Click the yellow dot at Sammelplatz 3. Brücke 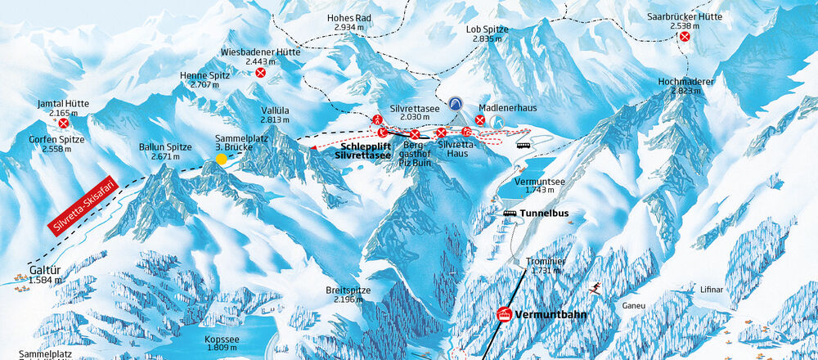pos(221,159)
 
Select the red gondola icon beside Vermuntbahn pos(506,314)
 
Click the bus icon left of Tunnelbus pos(510,214)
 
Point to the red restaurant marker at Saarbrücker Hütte pos(685,36)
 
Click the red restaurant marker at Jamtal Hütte pos(63,123)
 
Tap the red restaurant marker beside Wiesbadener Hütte pos(260,73)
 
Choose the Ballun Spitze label pos(165,151)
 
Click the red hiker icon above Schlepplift pos(377,119)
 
